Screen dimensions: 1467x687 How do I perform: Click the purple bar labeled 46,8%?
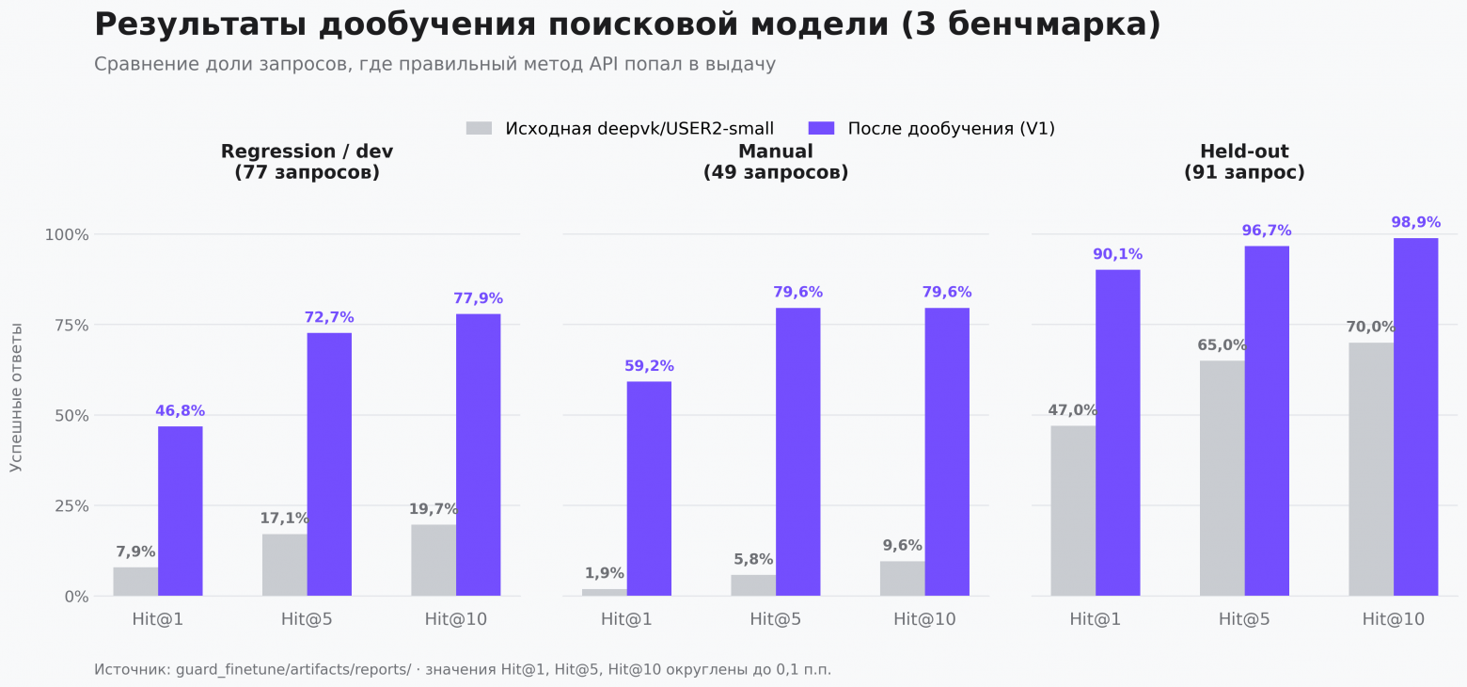(x=181, y=511)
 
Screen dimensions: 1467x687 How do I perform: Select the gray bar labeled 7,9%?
(x=135, y=582)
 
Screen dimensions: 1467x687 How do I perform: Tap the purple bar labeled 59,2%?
(x=649, y=489)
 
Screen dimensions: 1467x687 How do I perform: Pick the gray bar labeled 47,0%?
(x=1073, y=511)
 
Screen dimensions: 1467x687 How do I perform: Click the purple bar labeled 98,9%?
(x=1416, y=417)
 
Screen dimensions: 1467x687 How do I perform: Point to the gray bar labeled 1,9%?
(x=605, y=593)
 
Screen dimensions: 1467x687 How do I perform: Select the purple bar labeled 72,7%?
(x=329, y=464)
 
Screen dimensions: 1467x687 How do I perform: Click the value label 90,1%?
(x=1118, y=254)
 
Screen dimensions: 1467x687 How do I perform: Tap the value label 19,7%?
(x=434, y=509)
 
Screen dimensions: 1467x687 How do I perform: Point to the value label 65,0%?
(x=1222, y=344)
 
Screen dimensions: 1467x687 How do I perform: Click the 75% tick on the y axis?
(x=67, y=325)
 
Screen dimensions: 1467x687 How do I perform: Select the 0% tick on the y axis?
(x=76, y=597)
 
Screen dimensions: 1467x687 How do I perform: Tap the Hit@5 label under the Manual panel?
(x=776, y=619)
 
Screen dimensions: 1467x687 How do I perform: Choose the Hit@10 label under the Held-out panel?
(x=1394, y=619)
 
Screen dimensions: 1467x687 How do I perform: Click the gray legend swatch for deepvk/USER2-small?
(x=479, y=128)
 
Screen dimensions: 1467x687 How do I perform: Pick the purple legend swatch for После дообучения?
(x=822, y=128)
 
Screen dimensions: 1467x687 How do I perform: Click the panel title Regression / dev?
(x=308, y=152)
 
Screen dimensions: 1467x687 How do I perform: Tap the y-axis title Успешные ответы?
(x=16, y=397)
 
